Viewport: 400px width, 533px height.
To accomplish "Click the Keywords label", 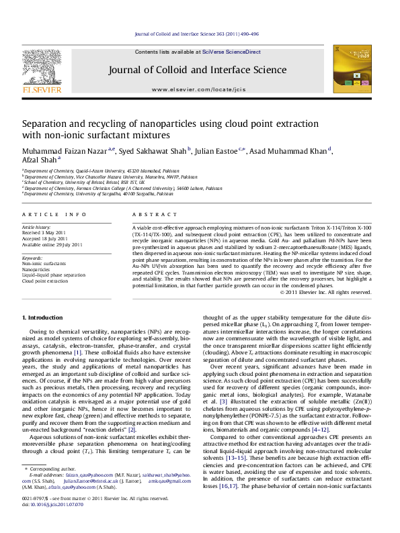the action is (34, 258).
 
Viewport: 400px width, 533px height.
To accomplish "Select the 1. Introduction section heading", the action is (44, 316).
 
